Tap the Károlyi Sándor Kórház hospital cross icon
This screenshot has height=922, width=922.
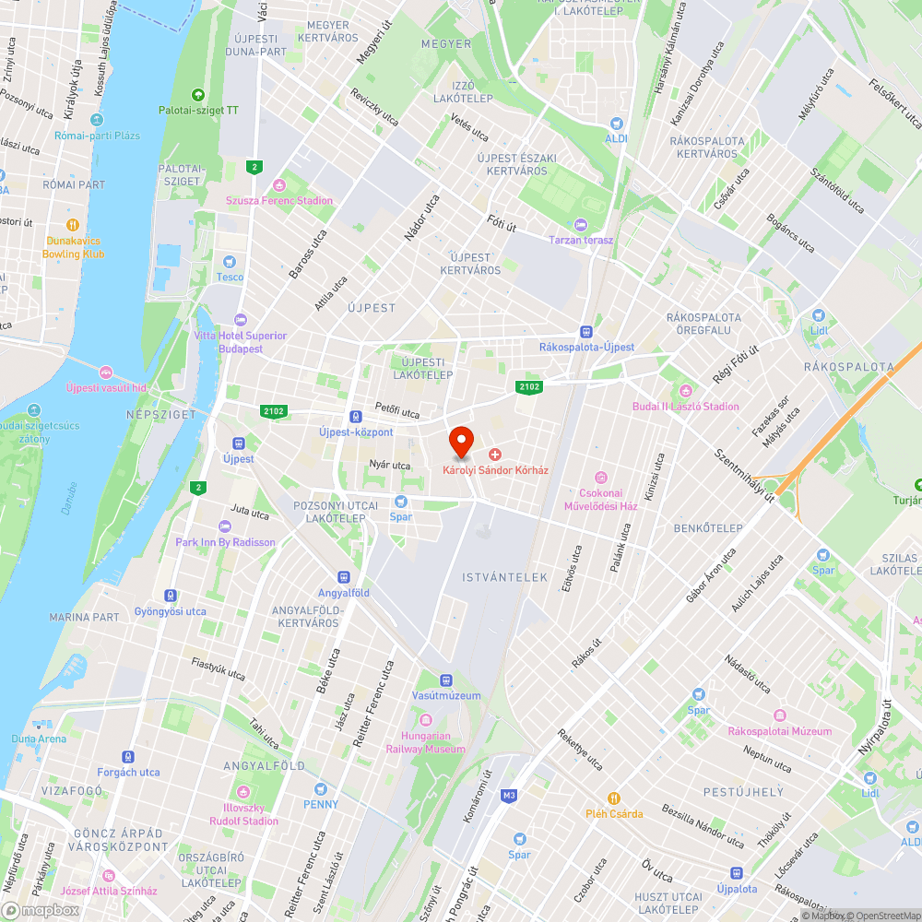[x=495, y=455]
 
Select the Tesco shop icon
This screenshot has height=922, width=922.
[x=230, y=262]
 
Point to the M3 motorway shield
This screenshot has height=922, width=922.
[x=509, y=795]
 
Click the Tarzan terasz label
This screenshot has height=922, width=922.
[x=581, y=240]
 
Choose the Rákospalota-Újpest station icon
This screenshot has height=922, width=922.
[x=586, y=332]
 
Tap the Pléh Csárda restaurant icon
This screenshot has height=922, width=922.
[x=614, y=798]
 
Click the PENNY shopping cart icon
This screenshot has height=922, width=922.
[x=321, y=790]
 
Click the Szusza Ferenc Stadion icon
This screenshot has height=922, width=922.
[x=280, y=185]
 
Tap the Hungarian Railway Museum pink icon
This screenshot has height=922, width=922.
[x=425, y=720]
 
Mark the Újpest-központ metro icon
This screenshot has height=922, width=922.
[x=356, y=417]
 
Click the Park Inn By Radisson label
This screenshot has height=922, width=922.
[x=226, y=542]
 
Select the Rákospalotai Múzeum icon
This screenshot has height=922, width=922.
[x=780, y=716]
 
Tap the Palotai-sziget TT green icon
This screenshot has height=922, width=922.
[x=197, y=94]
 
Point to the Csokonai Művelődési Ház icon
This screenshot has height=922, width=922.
[x=602, y=477]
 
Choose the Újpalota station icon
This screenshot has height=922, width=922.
[x=736, y=873]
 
